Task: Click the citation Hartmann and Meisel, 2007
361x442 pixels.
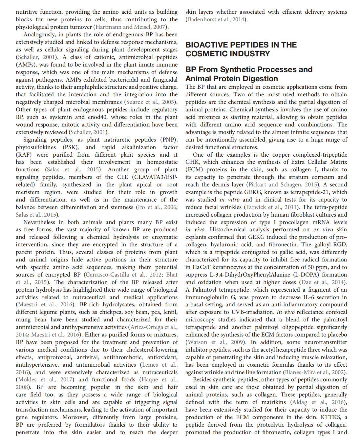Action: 131,27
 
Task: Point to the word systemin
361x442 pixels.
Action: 57,117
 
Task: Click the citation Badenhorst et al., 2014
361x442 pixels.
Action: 216,19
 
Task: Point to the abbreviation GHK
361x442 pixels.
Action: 192,162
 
